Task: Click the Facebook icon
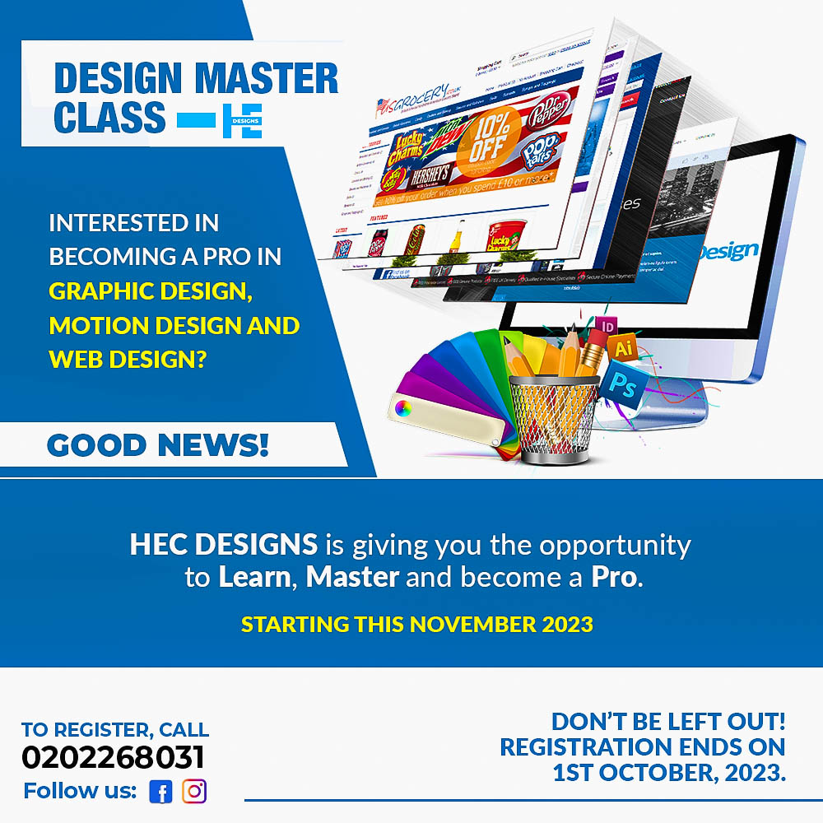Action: [160, 792]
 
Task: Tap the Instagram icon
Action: [194, 792]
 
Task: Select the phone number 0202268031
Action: [113, 758]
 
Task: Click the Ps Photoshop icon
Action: [623, 383]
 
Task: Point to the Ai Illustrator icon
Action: [624, 350]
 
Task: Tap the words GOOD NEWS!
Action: [158, 445]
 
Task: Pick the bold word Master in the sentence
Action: [352, 576]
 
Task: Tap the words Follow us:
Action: [80, 792]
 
